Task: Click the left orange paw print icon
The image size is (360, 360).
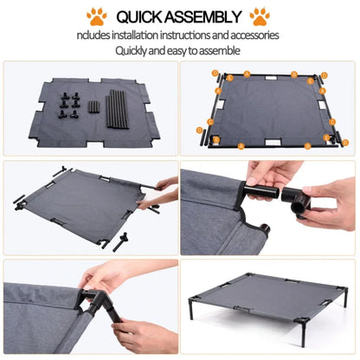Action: point(97,16)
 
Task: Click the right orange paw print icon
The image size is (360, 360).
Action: point(259,16)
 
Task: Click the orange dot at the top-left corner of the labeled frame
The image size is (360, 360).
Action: point(216,74)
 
